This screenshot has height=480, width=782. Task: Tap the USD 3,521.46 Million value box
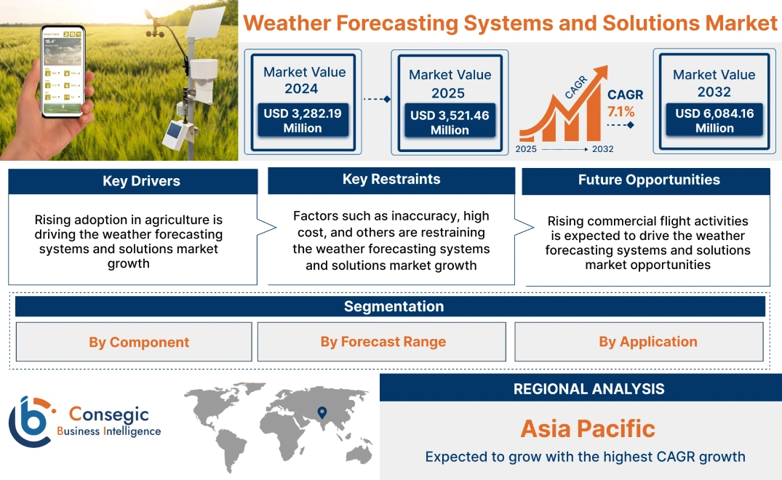point(450,122)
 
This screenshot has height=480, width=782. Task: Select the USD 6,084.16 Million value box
point(714,120)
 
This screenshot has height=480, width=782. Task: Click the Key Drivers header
point(141,181)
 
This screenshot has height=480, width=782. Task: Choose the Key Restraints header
point(391,180)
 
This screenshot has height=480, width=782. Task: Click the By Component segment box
point(139,342)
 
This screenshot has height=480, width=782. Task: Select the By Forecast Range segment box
point(383,342)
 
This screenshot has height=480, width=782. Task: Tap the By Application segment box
point(647,342)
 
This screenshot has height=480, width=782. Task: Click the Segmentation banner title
point(394,306)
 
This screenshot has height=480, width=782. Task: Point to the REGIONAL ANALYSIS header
point(589,389)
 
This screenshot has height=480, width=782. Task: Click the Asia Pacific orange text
point(588,428)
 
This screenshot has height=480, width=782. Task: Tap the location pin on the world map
point(321,413)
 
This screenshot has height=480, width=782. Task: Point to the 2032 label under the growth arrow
point(602,149)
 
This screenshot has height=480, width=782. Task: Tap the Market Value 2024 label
point(304,80)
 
